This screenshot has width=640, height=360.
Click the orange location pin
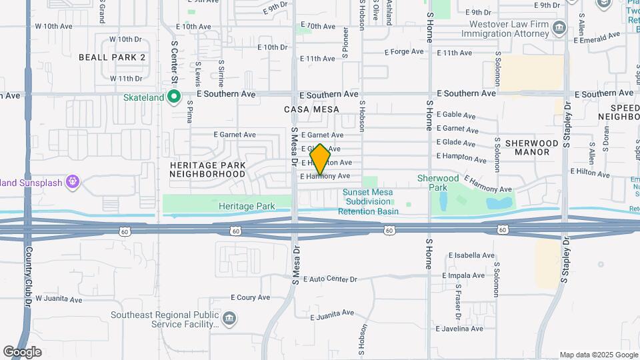320,159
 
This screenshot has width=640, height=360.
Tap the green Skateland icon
174,97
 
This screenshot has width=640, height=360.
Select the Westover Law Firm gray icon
559,28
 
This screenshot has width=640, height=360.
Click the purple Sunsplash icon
73,181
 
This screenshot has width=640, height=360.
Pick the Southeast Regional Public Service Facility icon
230,319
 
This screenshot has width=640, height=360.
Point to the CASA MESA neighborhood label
311,109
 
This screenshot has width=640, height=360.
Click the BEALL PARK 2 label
112,57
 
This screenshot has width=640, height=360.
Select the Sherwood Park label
438,183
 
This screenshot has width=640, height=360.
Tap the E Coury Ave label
250,297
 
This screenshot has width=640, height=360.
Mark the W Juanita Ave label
59,299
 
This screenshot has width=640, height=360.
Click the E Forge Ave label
404,51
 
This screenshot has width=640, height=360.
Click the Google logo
22,351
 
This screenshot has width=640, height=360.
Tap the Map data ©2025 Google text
598,355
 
